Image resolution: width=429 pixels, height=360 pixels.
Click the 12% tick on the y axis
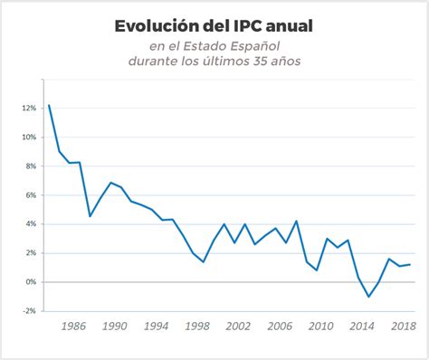(29, 108)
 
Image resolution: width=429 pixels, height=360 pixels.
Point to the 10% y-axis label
(29, 137)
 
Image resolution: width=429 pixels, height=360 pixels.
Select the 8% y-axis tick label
(31, 166)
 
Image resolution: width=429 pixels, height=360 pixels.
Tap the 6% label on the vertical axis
(31, 194)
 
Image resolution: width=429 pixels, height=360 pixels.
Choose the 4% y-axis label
(31, 223)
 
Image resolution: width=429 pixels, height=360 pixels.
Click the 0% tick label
(31, 281)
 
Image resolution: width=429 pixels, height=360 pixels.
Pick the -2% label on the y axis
(29, 310)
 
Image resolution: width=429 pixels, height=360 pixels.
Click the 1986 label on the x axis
(74, 327)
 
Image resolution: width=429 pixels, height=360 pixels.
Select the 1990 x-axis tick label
(115, 327)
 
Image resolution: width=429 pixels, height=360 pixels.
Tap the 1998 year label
(197, 327)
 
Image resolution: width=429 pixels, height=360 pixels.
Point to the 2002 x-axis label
(238, 327)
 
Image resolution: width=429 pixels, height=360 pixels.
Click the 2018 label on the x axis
(403, 327)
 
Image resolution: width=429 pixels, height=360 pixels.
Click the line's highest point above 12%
(48, 105)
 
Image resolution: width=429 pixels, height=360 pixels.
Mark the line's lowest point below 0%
(368, 297)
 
